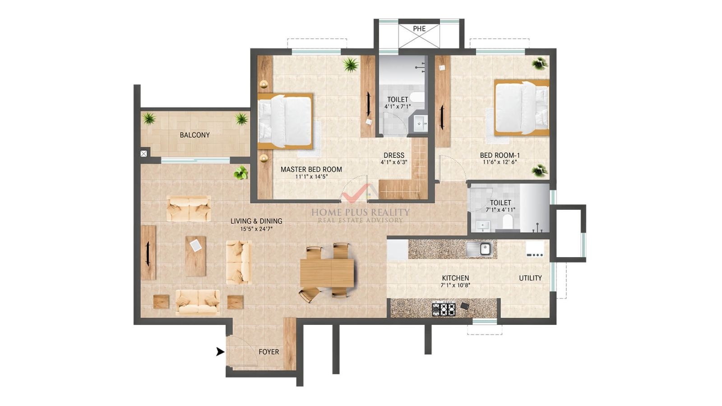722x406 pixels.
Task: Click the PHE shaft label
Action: point(419,29)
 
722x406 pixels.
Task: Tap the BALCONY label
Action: point(194,135)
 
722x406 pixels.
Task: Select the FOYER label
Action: point(269,352)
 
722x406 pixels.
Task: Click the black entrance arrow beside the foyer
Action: point(220,351)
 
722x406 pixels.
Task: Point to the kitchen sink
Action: point(479,249)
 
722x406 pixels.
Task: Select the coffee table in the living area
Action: point(195,256)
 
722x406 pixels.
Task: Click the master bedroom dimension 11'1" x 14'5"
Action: point(311,176)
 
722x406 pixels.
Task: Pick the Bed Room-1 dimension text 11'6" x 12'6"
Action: point(500,162)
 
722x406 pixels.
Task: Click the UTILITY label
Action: point(530,278)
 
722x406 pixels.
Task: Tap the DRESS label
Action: point(394,155)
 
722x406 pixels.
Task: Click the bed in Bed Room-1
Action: point(522,108)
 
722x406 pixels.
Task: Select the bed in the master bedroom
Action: point(285,121)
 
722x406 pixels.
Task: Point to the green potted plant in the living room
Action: point(241,173)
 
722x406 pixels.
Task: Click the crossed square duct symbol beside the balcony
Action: point(144,154)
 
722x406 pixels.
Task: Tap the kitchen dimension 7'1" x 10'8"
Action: point(455,285)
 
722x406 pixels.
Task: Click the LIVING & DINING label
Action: point(256,221)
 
